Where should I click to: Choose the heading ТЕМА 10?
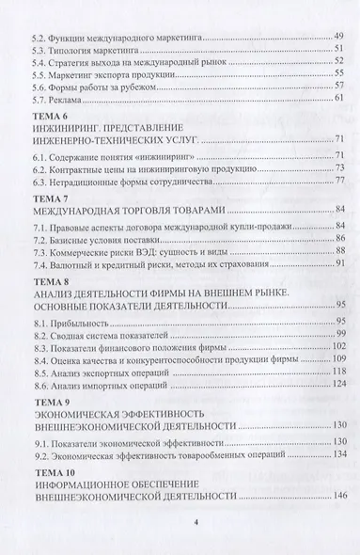[51, 478]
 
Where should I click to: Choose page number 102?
[339, 349]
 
